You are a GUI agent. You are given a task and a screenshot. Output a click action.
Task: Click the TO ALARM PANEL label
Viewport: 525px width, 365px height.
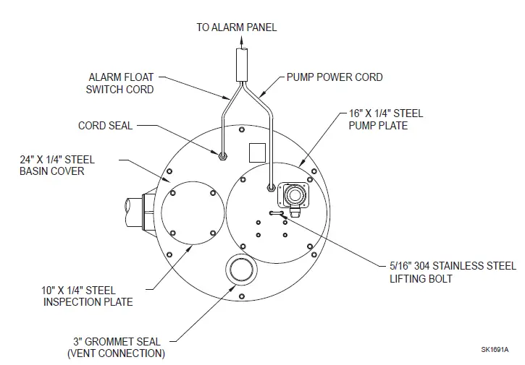tap(236, 27)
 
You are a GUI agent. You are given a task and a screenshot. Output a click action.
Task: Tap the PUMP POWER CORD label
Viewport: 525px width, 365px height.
tap(335, 77)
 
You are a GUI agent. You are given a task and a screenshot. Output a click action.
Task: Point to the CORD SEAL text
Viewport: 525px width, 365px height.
tap(105, 125)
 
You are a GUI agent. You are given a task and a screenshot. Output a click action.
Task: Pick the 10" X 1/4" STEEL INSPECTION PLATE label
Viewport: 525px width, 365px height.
tap(88, 296)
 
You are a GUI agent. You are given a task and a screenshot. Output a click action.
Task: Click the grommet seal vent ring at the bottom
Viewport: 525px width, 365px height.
tap(240, 270)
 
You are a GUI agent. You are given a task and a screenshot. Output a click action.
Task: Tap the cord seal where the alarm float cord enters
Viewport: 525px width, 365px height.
tap(223, 155)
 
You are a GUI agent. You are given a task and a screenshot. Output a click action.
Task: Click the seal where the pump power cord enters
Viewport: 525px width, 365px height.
tap(271, 188)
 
